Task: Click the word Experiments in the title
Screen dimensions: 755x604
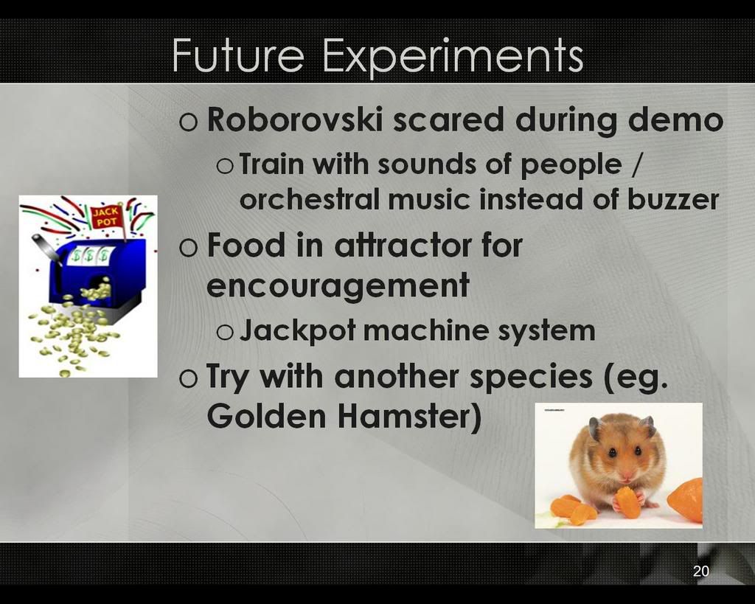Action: [453, 57]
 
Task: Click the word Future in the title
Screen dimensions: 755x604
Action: [238, 55]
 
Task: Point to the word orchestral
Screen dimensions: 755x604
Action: [310, 199]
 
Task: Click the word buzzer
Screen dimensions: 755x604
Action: [673, 199]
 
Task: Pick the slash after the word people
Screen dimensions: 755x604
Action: [636, 164]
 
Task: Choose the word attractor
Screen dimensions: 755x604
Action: [403, 245]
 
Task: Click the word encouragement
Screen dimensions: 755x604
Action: [338, 286]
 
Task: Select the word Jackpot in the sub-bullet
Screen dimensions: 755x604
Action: [298, 331]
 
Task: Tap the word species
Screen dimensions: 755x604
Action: [531, 377]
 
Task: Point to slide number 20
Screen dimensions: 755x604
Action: [701, 571]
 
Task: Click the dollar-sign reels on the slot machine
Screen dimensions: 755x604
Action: [90, 255]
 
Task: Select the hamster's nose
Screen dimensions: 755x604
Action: [625, 477]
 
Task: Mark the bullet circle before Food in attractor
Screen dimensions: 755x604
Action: [188, 248]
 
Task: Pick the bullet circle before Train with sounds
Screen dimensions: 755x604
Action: [225, 166]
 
